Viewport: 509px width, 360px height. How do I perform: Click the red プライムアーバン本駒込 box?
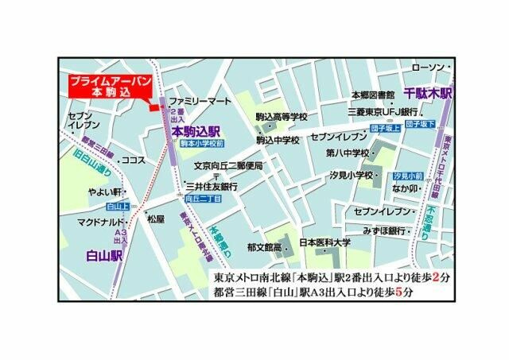pos(106,87)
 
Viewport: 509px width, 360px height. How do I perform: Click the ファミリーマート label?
pos(200,102)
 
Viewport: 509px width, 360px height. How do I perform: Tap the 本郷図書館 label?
pos(373,95)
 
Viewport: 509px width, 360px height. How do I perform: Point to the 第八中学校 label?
pos(348,153)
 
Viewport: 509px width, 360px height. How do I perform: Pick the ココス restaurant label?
pos(134,161)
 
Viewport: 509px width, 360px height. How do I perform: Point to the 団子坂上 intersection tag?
pos(383,126)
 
